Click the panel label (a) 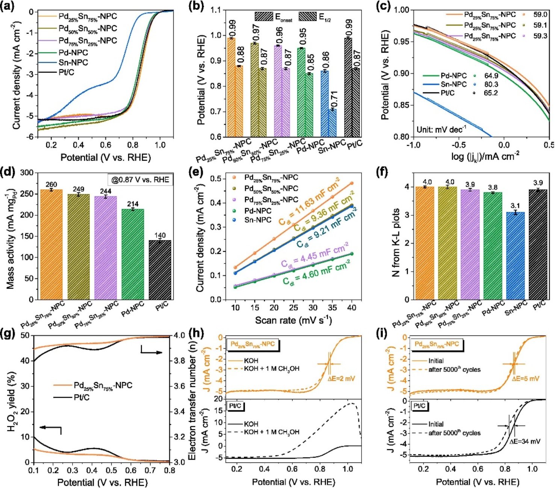pos(8,6)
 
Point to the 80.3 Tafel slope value pos(491,85)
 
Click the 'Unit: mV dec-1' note pos(441,130)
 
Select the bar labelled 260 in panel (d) pos(51,244)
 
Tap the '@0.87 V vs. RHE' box pos(140,180)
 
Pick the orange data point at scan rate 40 pos(352,183)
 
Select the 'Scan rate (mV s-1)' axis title pos(293,320)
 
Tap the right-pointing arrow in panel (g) pos(152,352)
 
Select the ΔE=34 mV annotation pos(525,441)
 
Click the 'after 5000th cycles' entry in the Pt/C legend pos(454,433)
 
